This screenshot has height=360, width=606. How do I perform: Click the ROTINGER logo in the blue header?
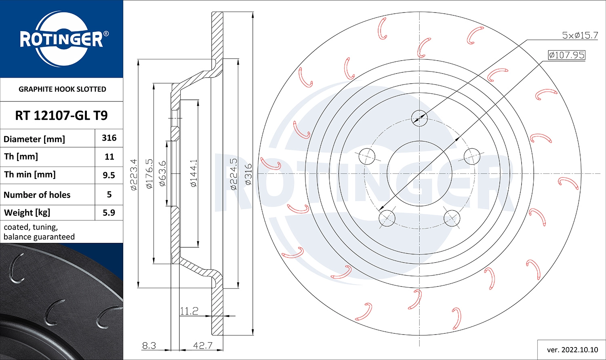[x=62, y=39]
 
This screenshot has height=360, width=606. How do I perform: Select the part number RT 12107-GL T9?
[x=61, y=116]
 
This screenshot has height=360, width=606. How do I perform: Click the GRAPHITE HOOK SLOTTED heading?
[x=62, y=89]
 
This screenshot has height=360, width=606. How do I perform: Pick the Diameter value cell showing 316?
[x=109, y=138]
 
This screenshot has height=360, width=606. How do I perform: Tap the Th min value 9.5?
[x=109, y=175]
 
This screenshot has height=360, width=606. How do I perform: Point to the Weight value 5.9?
[x=109, y=213]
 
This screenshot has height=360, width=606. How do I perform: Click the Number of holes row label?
[x=37, y=195]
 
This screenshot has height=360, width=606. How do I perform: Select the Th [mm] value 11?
[x=109, y=157]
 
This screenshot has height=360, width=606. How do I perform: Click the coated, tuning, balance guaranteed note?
[x=39, y=232]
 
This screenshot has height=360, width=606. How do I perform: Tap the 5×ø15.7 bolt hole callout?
[x=580, y=35]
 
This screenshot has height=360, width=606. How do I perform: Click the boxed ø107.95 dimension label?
[x=566, y=55]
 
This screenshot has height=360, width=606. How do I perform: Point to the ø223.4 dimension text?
[x=134, y=174]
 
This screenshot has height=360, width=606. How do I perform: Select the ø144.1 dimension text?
[x=194, y=173]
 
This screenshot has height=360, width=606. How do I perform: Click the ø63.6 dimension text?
[x=162, y=173]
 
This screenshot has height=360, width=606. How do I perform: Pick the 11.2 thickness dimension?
[x=189, y=311]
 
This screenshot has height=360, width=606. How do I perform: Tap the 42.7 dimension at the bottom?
[x=202, y=345]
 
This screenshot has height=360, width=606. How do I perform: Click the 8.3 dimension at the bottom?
[x=149, y=345]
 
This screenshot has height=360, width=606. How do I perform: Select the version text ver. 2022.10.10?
[x=572, y=349]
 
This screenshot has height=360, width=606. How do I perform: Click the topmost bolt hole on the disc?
[x=419, y=118]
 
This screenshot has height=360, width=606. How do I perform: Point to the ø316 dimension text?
[x=248, y=174]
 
